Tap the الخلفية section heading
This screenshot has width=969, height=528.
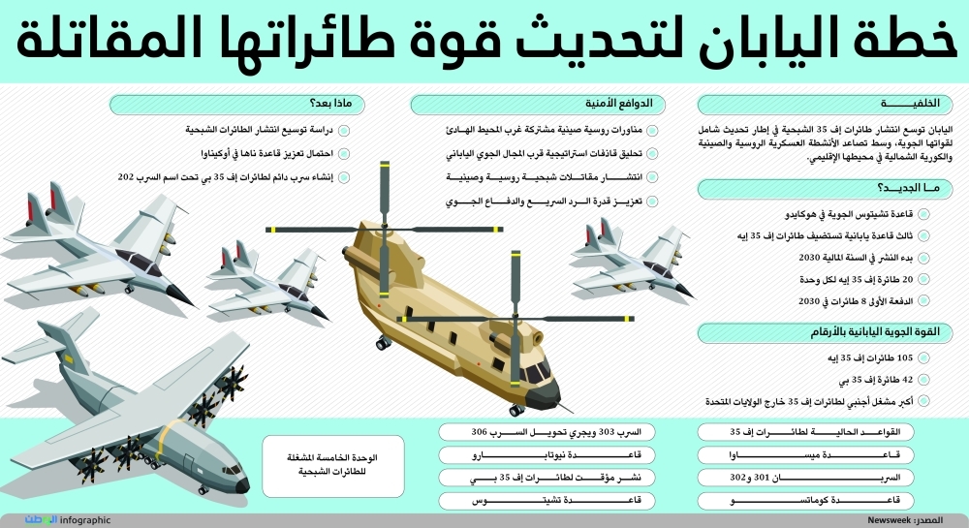point(911,104)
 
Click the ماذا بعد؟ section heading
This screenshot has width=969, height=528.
point(329,104)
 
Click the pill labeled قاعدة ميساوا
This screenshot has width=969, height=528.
point(815,453)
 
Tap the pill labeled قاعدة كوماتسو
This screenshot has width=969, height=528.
point(815,500)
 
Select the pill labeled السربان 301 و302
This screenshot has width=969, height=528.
point(815,477)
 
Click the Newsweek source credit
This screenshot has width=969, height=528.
point(891,520)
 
